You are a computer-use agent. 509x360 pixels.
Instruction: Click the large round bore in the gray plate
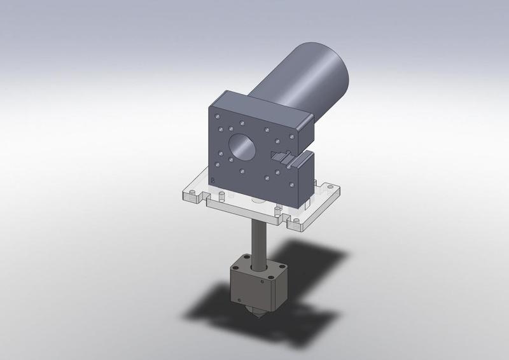point(242,147)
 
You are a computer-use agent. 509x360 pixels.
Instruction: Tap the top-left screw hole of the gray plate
point(220,117)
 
